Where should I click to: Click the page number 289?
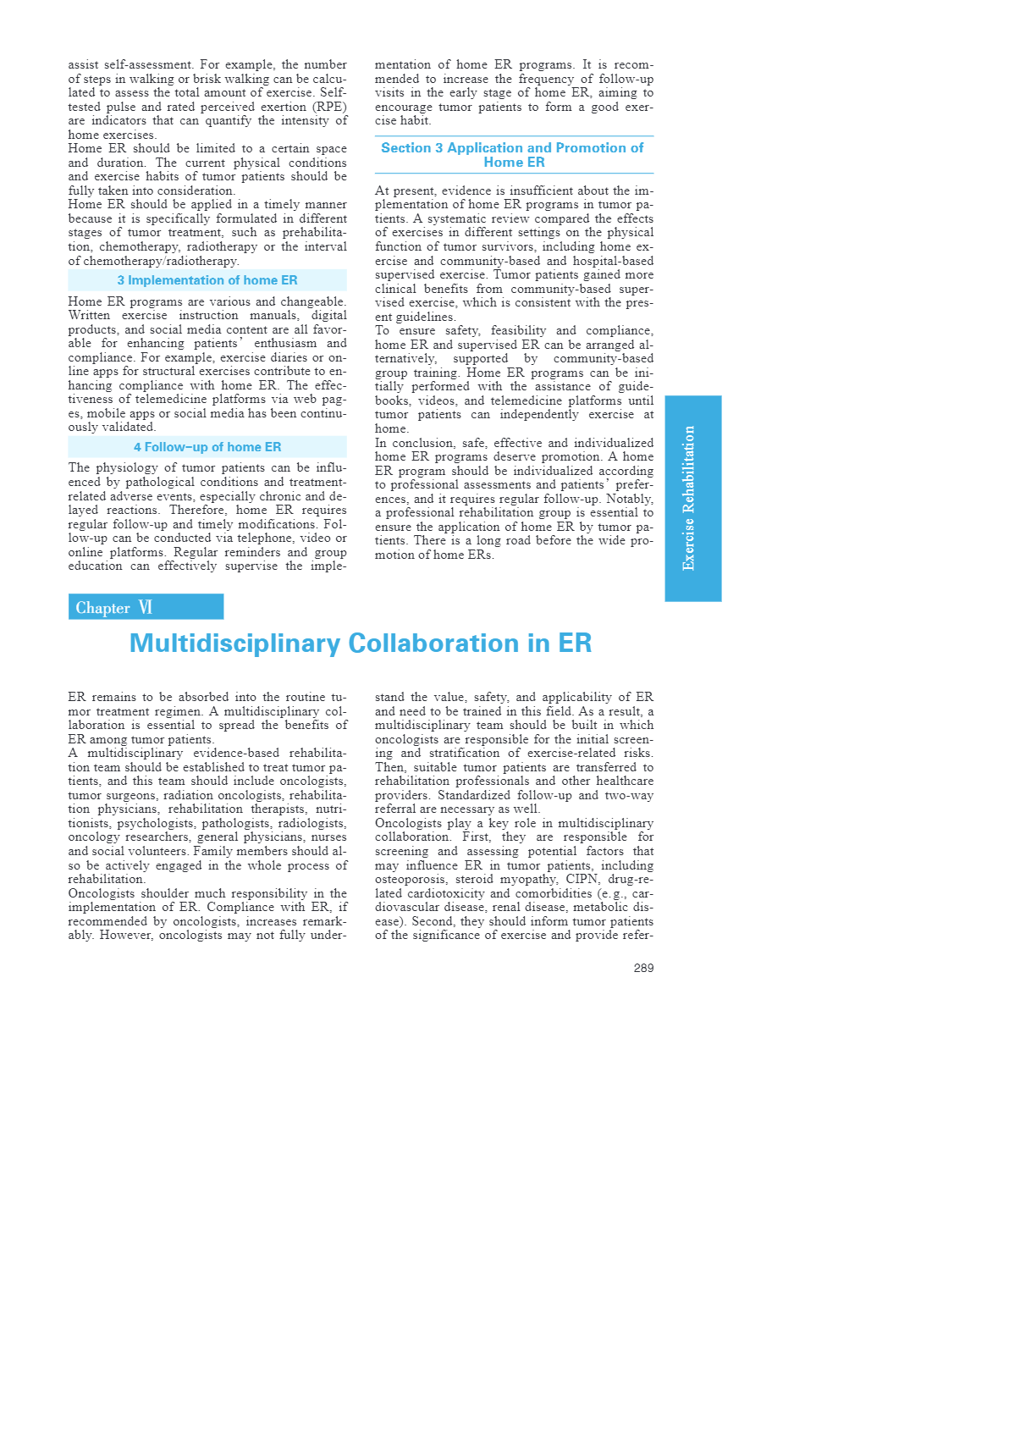point(643,968)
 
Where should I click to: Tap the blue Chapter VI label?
point(146,607)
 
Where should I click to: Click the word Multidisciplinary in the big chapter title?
point(234,643)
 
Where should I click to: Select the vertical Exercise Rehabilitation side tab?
point(692,498)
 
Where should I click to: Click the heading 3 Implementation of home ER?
point(207,280)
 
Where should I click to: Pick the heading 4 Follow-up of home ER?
point(207,447)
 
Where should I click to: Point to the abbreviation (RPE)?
point(329,107)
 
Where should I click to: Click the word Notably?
point(630,499)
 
